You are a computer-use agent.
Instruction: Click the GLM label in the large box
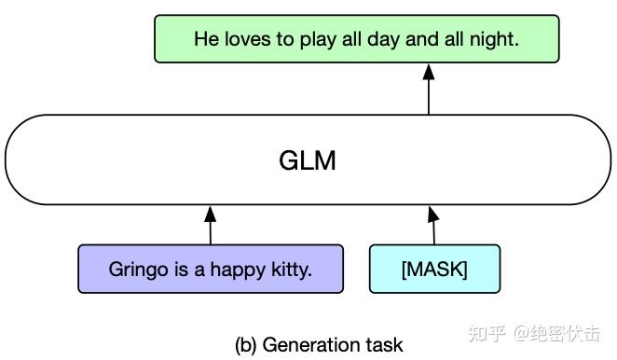coord(308,161)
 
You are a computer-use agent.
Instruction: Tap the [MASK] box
coord(434,270)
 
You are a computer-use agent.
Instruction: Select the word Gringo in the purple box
coord(135,270)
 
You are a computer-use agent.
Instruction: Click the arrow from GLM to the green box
coord(429,90)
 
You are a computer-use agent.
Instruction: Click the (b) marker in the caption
coord(246,345)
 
